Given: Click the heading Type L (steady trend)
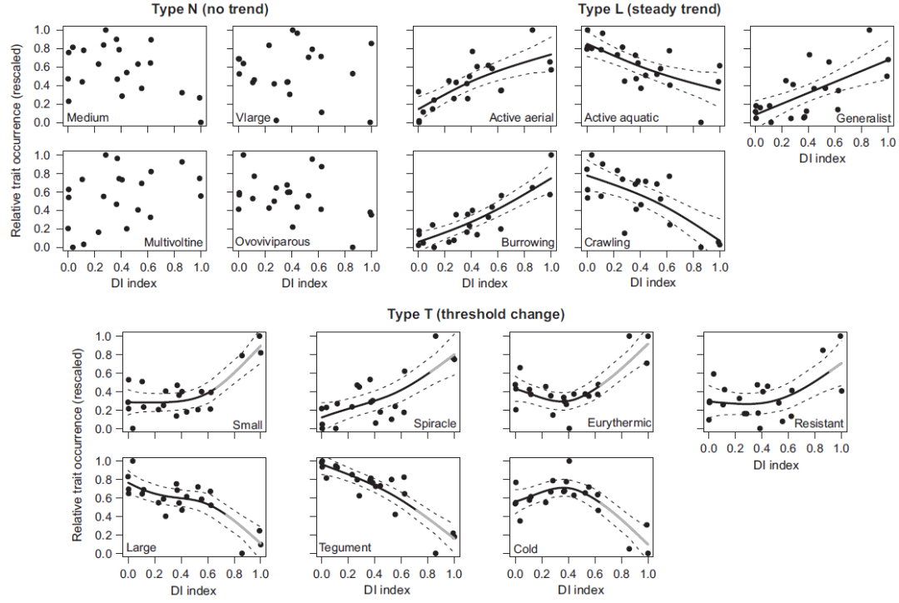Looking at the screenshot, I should (649, 9).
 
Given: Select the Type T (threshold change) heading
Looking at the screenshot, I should (475, 314).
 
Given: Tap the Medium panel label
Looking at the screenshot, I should (88, 117).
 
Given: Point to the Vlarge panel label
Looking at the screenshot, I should (253, 117).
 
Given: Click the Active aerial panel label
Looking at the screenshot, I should (520, 117).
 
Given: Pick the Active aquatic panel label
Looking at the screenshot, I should (622, 117).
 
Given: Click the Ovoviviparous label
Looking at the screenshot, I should (273, 242).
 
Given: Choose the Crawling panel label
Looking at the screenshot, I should (608, 242).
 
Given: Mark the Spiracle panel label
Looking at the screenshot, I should (435, 424).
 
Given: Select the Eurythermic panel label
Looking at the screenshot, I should (620, 424).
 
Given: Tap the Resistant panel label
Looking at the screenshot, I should (820, 424).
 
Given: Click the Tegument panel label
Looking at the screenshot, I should (345, 548).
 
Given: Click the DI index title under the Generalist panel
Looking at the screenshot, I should (820, 158).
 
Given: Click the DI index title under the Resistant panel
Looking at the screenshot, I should (774, 465).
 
